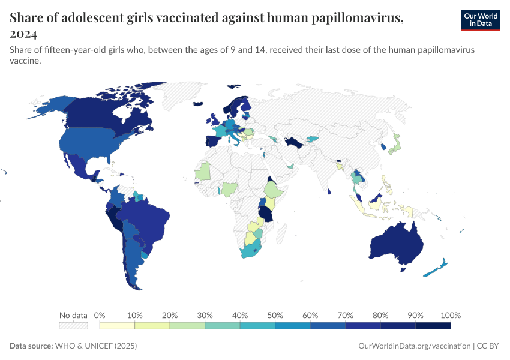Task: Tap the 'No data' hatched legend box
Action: click(73, 326)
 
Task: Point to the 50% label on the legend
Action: click(275, 315)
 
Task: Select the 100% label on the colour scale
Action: click(450, 315)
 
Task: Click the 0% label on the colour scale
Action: click(100, 315)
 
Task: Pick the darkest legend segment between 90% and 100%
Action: click(433, 326)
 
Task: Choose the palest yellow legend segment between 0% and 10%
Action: click(117, 326)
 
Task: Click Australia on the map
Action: click(396, 243)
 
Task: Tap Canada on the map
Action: click(108, 117)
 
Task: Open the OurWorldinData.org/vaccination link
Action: click(413, 346)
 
